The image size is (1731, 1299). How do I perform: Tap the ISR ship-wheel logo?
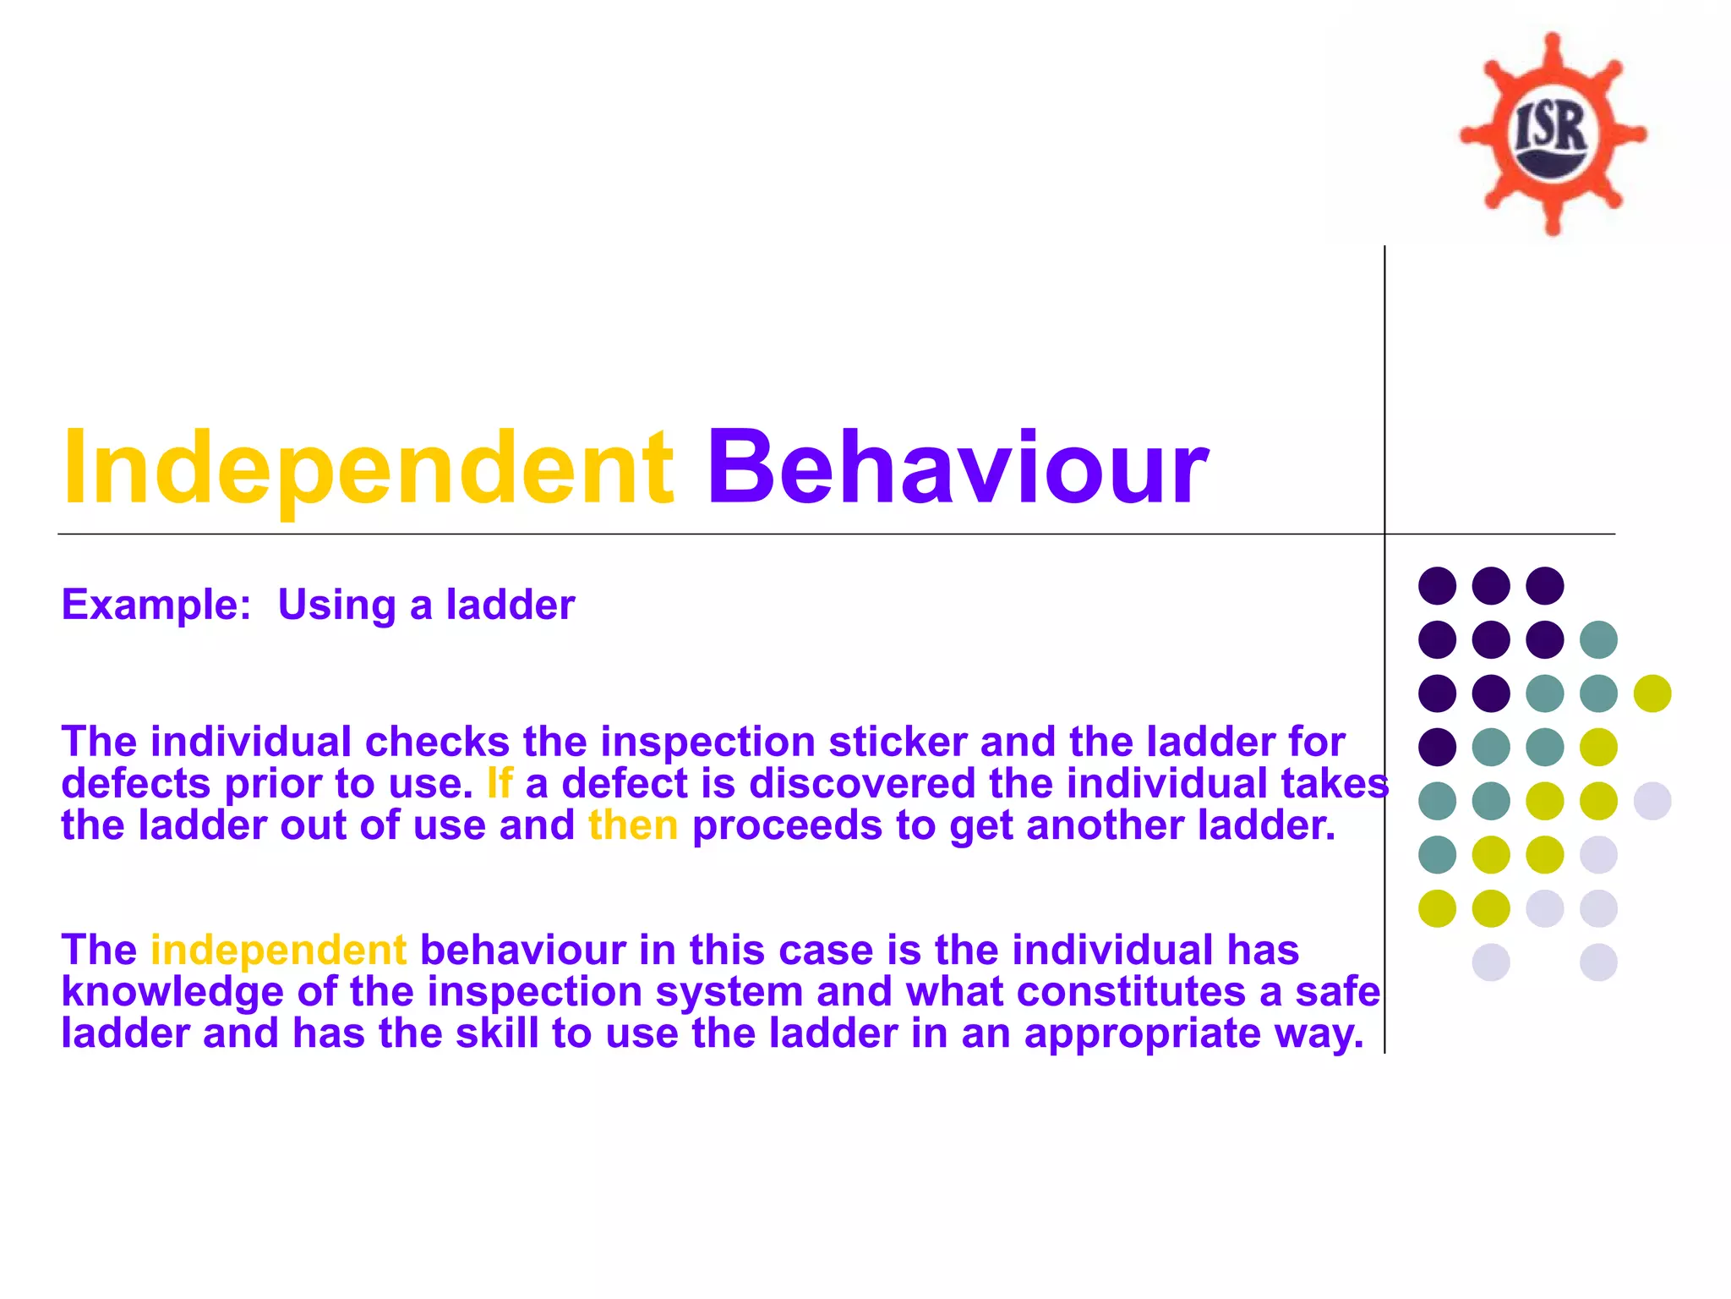pyautogui.click(x=1553, y=134)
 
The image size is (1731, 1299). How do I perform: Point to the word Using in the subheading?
pyautogui.click(x=336, y=606)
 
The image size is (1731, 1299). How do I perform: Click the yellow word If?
pyautogui.click(x=500, y=783)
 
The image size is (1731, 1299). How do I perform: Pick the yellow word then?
pyautogui.click(x=633, y=825)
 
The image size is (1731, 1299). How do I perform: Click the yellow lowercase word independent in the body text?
pyautogui.click(x=279, y=950)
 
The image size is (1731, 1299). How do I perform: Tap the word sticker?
pyautogui.click(x=898, y=742)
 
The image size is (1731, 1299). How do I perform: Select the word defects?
pyautogui.click(x=135, y=783)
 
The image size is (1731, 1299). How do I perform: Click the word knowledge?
pyautogui.click(x=172, y=992)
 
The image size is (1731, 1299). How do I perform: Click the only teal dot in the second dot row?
pyautogui.click(x=1598, y=639)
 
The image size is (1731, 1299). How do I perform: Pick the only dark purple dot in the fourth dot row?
pyautogui.click(x=1437, y=747)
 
